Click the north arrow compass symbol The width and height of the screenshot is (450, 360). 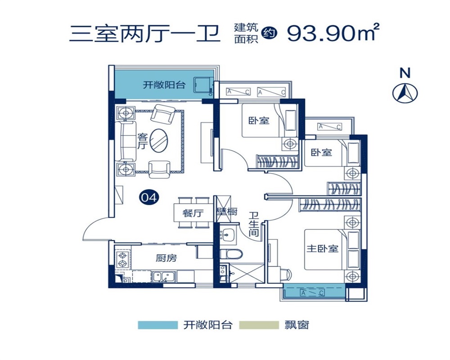405,93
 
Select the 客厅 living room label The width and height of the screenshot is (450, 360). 142,141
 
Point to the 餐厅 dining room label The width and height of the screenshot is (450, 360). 193,213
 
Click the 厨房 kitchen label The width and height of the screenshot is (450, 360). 166,258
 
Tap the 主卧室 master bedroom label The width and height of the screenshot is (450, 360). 322,248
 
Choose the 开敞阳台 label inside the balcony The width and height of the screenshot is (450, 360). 164,85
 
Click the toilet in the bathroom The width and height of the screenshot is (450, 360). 230,253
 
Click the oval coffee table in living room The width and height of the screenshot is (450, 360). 160,140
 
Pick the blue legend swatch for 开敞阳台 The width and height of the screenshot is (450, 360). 157,325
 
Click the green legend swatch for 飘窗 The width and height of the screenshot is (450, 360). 259,325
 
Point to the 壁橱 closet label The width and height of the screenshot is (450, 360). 227,212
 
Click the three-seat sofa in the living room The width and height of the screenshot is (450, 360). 126,141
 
